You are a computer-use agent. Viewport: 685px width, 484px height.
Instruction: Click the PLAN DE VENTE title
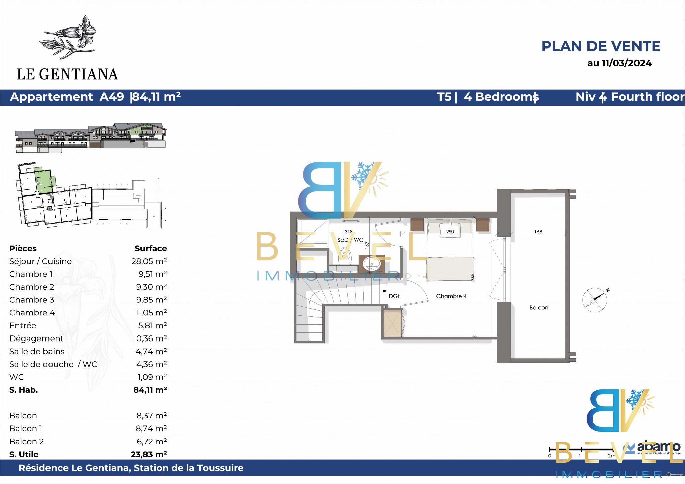[601, 46]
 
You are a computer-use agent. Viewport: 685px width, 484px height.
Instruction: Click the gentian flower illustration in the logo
[68, 37]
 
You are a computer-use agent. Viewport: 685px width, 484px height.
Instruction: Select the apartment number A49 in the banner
[112, 97]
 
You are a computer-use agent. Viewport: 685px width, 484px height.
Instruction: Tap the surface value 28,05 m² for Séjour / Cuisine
[149, 261]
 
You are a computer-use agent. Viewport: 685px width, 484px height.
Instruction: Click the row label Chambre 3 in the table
[31, 300]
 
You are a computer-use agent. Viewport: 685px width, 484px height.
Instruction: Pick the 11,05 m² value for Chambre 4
[151, 312]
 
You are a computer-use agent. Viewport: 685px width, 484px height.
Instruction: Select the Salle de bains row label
[37, 351]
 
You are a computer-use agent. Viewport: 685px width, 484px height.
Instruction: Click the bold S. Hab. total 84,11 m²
[150, 390]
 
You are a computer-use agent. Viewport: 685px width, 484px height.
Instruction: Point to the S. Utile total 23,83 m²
[149, 454]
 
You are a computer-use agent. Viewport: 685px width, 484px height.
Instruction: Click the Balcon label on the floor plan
[539, 307]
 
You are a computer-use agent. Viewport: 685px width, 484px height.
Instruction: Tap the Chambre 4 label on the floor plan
[451, 296]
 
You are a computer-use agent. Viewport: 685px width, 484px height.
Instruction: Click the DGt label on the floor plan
[394, 296]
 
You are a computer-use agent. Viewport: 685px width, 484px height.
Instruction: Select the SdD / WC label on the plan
[350, 240]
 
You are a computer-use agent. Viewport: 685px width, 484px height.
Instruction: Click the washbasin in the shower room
[372, 264]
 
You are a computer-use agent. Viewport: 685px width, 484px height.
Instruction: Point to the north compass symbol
[595, 300]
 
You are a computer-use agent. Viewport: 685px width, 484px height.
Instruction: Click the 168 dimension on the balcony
[538, 232]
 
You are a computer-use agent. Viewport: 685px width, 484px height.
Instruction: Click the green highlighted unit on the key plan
[44, 181]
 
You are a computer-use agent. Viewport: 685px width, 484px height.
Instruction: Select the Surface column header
[151, 248]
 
